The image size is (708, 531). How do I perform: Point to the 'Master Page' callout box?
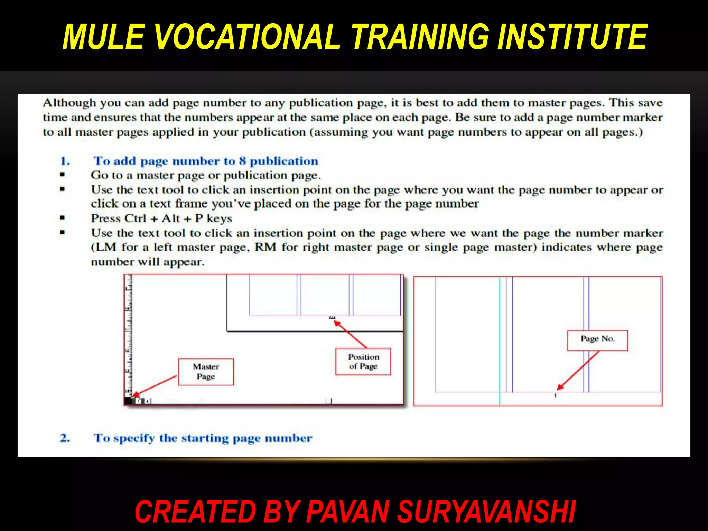206,372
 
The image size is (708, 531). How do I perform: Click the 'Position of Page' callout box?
363,362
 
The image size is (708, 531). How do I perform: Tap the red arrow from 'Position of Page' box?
350,334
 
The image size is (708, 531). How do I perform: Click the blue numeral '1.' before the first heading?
65,161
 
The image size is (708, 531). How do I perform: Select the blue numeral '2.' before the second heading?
65,438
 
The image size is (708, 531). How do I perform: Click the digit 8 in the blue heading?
242,161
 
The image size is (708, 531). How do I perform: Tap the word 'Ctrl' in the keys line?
135,218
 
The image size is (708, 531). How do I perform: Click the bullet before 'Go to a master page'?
62,175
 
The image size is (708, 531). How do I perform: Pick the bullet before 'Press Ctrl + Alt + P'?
62,218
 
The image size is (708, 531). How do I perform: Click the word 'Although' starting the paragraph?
69,103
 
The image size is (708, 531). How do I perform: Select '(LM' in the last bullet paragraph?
104,248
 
